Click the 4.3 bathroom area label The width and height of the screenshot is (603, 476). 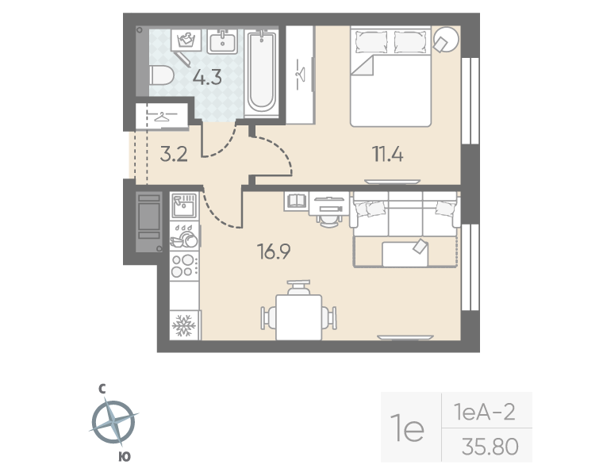coord(205,79)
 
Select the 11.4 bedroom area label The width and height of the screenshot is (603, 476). coord(388,154)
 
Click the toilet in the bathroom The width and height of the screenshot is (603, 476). coord(161,76)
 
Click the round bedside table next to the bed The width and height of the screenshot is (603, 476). coord(447,39)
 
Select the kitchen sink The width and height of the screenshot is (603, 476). coord(184,205)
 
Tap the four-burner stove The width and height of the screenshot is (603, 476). coord(184,264)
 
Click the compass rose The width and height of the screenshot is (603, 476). coord(113,421)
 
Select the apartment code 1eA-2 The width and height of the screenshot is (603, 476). coord(485,413)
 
